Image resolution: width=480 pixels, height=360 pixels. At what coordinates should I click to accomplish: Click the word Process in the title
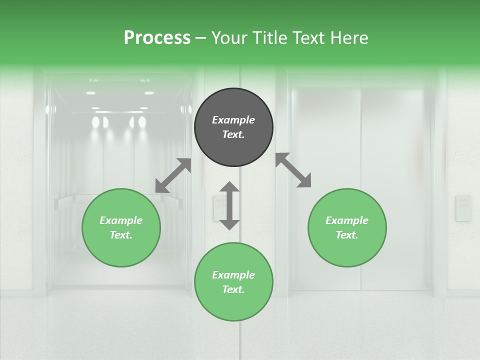(157, 38)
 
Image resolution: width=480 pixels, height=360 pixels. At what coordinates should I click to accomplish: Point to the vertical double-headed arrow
(229, 205)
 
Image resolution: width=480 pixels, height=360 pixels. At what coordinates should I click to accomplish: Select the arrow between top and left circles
(173, 175)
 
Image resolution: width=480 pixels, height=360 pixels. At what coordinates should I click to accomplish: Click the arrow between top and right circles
(293, 170)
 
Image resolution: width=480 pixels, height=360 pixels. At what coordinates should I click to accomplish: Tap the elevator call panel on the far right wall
(463, 208)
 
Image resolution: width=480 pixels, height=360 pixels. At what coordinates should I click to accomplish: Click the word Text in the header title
(307, 38)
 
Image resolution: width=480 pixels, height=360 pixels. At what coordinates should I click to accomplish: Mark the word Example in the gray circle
(233, 120)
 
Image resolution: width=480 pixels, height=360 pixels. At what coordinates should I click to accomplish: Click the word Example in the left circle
(121, 220)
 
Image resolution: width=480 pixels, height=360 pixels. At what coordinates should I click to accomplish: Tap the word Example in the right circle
(347, 220)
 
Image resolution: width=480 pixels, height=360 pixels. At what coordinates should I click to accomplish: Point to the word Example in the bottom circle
(233, 275)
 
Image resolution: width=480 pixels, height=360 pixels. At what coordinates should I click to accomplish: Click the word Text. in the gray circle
(233, 134)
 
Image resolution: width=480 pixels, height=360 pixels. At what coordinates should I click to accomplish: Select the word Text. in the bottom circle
(233, 289)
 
